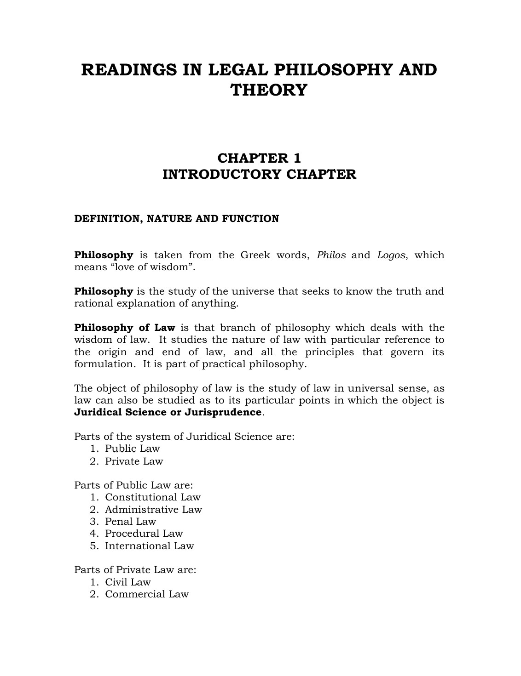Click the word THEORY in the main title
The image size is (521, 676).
point(268,90)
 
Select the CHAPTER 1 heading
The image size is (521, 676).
point(259,158)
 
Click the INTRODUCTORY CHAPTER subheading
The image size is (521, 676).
point(259,175)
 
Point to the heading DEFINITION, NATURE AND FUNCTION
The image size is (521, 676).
point(177,219)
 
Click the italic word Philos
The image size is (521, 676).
point(331,255)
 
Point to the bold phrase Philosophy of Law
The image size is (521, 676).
point(125,328)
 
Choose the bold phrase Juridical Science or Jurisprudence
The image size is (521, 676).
point(168,412)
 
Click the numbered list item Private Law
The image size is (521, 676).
point(134,461)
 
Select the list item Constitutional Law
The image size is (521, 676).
point(153,497)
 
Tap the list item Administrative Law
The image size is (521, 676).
point(153,510)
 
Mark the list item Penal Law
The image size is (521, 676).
point(130,522)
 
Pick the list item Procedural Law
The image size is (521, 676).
point(144,534)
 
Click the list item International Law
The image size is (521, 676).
point(150,546)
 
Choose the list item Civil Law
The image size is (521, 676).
point(128,582)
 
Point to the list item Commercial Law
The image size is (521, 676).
point(147,594)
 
